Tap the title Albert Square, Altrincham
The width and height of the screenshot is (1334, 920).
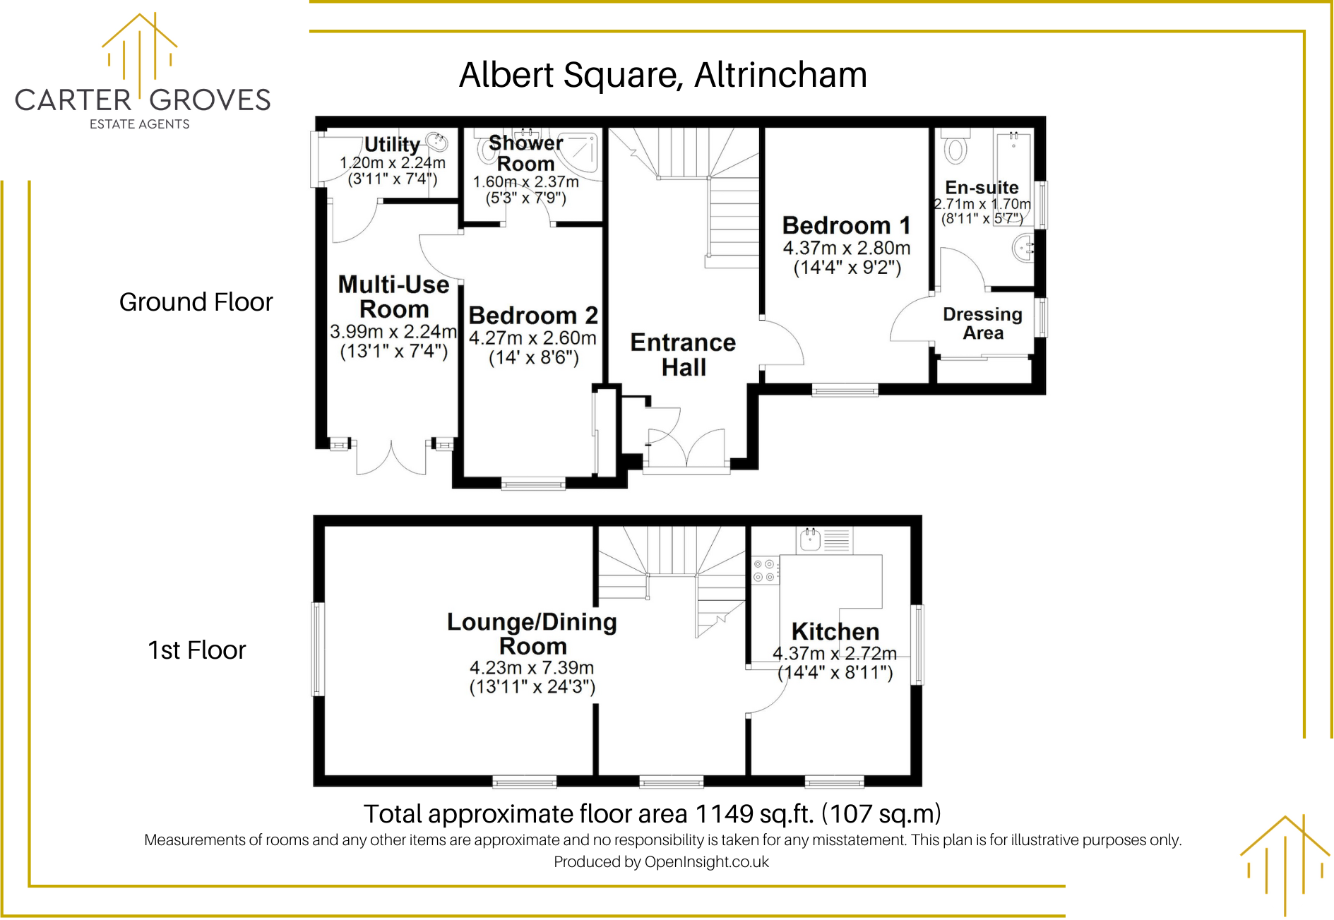pyautogui.click(x=662, y=75)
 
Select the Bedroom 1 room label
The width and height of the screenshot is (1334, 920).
pyautogui.click(x=846, y=226)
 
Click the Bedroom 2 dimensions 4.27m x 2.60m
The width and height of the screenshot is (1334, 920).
pyautogui.click(x=532, y=338)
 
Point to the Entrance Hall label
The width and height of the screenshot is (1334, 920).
pyautogui.click(x=683, y=355)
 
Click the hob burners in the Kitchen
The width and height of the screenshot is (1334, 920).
pyautogui.click(x=763, y=570)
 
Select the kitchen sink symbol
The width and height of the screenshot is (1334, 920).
pyautogui.click(x=810, y=540)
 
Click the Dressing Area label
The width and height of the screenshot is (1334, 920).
pyautogui.click(x=982, y=323)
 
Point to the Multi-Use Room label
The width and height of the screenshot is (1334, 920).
pyautogui.click(x=393, y=297)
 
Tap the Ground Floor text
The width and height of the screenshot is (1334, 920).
pyautogui.click(x=196, y=302)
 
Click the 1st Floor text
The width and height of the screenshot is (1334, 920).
pyautogui.click(x=196, y=650)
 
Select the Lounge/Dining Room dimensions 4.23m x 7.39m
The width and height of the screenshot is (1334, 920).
pyautogui.click(x=531, y=668)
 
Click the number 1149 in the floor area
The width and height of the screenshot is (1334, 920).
pyautogui.click(x=724, y=814)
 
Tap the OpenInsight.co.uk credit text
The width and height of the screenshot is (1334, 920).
pyautogui.click(x=706, y=862)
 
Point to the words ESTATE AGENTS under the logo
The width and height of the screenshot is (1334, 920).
pyautogui.click(x=139, y=124)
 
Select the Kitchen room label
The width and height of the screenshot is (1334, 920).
pyautogui.click(x=835, y=631)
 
